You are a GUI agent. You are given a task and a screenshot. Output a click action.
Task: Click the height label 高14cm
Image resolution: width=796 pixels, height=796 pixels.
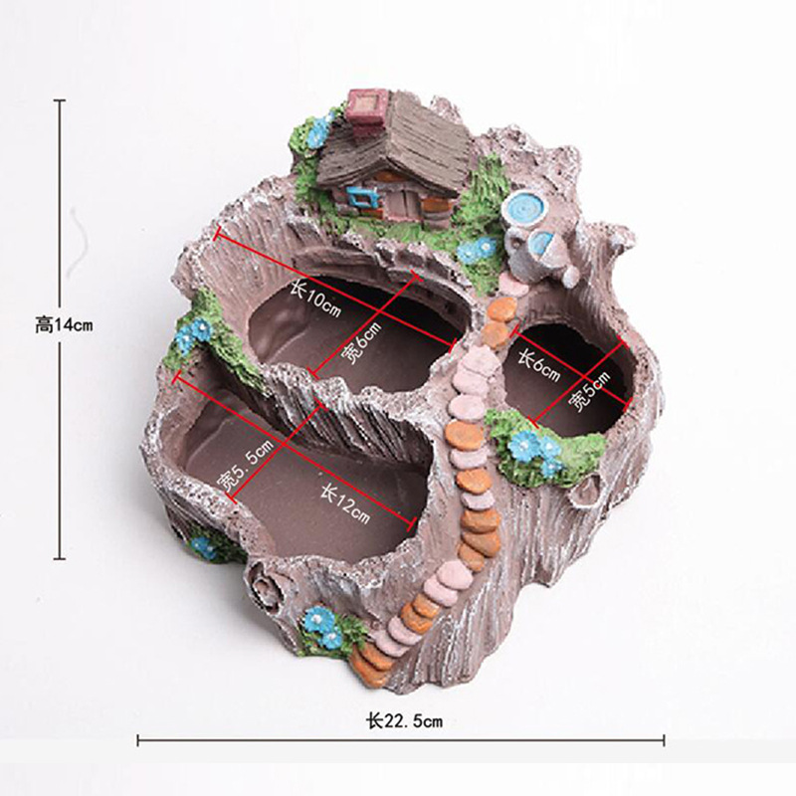click(64, 324)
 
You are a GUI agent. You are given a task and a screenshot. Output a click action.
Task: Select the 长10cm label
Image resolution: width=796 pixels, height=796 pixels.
click(314, 299)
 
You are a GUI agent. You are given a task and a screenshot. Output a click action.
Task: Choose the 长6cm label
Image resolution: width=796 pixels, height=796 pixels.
click(538, 365)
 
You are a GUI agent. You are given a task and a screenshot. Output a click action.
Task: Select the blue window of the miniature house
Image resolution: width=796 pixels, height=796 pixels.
click(361, 197)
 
